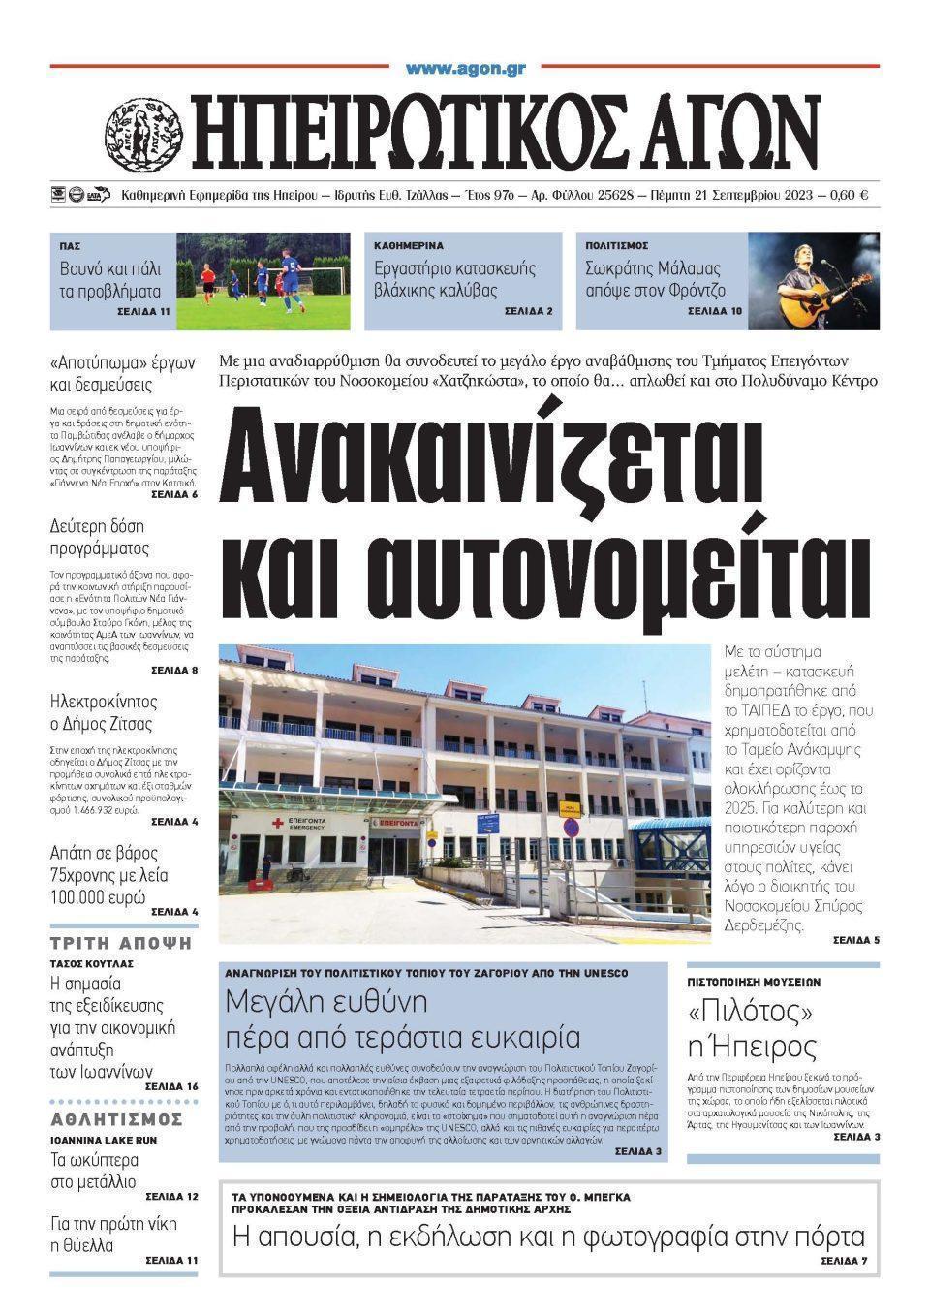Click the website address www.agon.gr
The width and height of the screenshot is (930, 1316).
(x=465, y=68)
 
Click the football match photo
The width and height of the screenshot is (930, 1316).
(x=263, y=281)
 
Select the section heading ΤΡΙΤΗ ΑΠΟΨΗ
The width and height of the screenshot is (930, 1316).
(x=121, y=943)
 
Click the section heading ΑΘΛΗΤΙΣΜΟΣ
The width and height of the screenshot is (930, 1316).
(x=116, y=1119)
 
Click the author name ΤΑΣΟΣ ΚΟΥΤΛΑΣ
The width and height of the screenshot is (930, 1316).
(x=91, y=964)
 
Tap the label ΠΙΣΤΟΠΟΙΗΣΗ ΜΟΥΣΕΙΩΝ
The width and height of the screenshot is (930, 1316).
(x=754, y=982)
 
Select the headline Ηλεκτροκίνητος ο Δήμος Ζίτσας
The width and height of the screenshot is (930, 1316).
(x=103, y=712)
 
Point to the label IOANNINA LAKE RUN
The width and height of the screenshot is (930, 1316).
(x=103, y=1140)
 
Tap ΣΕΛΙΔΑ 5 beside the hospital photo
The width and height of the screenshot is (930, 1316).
(x=855, y=940)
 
